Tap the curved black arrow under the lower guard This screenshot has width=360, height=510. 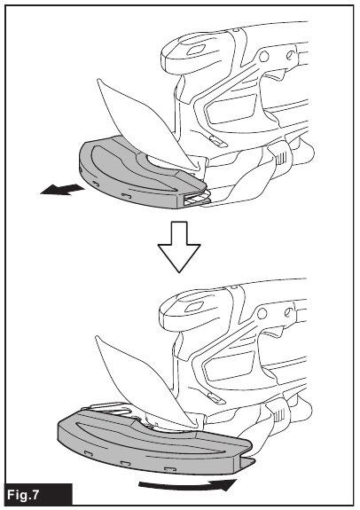185,485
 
